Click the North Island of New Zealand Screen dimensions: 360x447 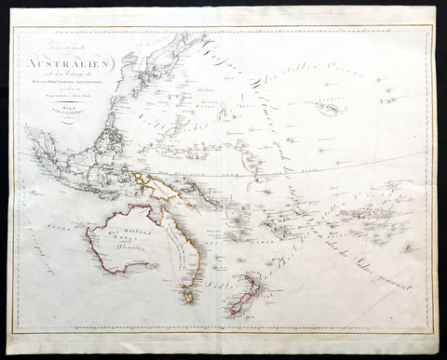click(x=253, y=285)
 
